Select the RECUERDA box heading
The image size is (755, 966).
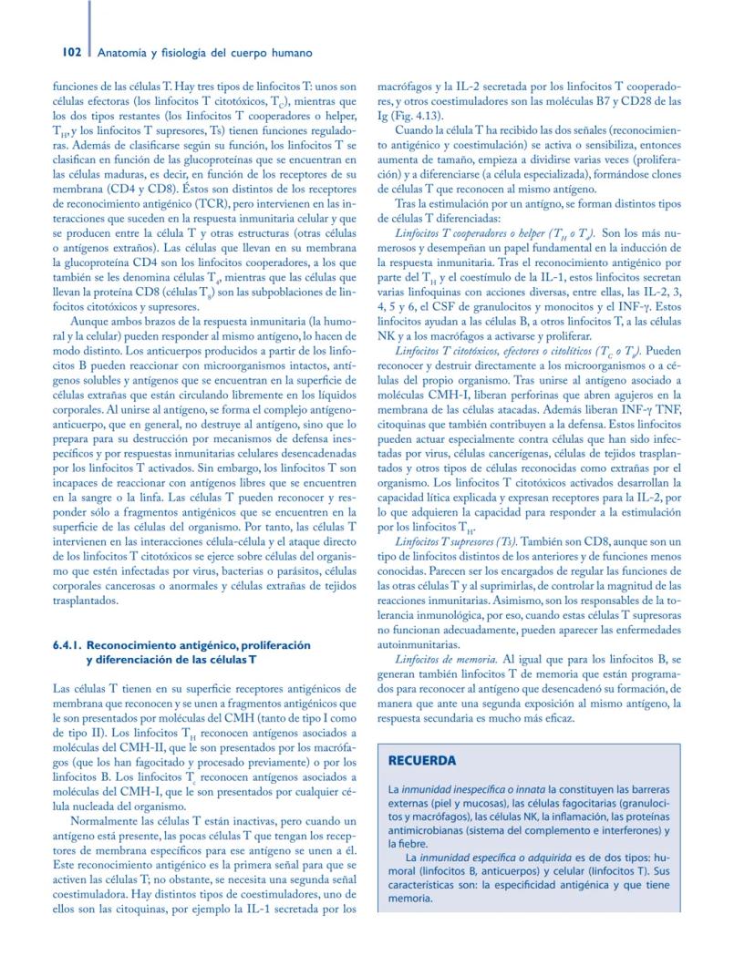422,760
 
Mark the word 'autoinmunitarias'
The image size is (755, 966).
421,643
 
